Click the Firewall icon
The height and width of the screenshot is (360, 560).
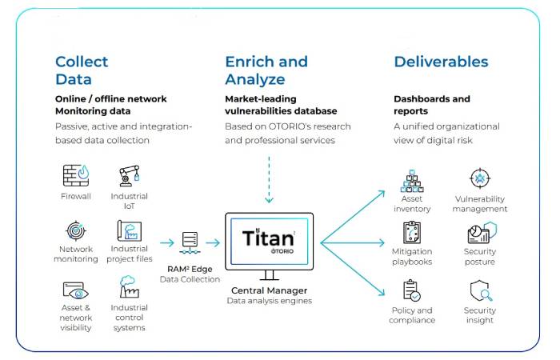click(76, 175)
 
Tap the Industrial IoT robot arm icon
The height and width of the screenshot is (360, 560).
click(129, 176)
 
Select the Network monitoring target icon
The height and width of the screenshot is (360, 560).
click(76, 230)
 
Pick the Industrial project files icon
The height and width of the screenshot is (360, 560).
click(130, 230)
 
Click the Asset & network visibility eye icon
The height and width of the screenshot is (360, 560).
click(76, 290)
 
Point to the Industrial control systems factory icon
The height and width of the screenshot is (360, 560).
click(129, 286)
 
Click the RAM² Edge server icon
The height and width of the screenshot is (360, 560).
click(190, 243)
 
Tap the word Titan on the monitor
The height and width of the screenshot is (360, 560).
click(268, 238)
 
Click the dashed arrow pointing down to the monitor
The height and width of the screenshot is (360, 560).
click(269, 179)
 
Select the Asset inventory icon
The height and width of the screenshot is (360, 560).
click(412, 181)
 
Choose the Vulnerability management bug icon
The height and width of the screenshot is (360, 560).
click(480, 178)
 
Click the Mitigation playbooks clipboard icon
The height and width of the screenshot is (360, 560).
click(412, 233)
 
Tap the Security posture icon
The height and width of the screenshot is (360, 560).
click(482, 232)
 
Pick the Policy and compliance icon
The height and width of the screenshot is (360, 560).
click(412, 290)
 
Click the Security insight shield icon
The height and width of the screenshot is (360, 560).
click(481, 290)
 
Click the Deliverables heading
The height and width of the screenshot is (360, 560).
click(441, 62)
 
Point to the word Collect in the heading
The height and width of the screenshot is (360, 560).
click(82, 62)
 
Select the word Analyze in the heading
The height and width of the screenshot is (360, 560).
click(255, 79)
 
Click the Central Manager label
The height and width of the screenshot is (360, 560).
click(270, 290)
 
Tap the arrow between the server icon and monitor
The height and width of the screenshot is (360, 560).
click(214, 243)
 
